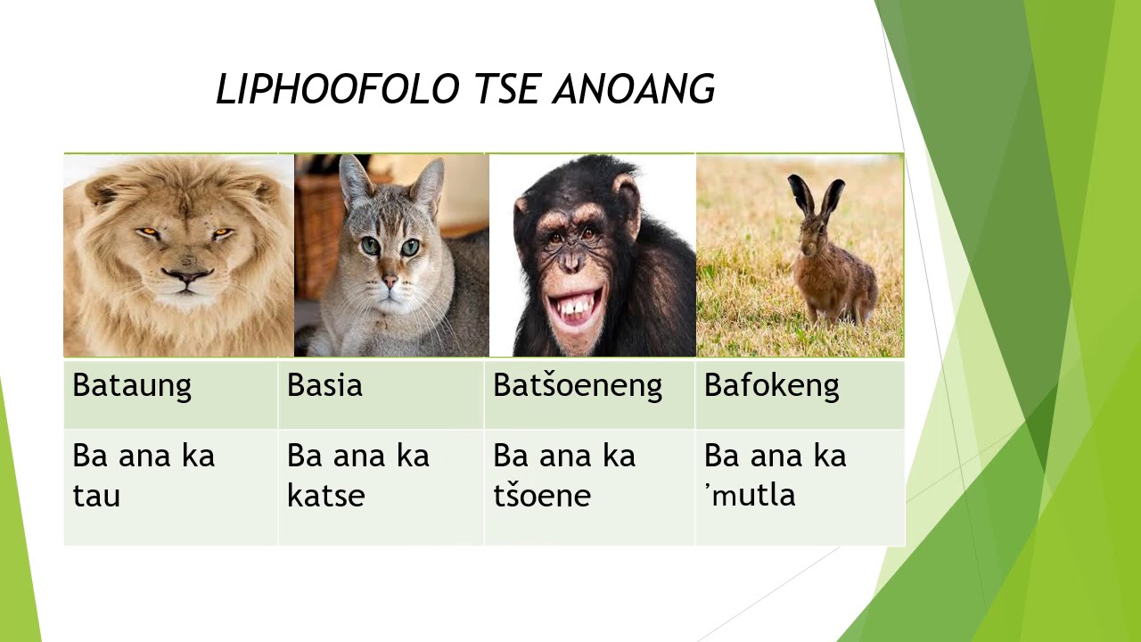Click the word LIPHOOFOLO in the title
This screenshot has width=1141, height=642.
(337, 90)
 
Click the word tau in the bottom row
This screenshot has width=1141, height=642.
(96, 496)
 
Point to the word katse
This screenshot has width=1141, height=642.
(325, 496)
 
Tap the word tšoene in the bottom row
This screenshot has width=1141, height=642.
(541, 496)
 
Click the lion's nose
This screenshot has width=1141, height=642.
(186, 276)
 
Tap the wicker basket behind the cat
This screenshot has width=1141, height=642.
(317, 223)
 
